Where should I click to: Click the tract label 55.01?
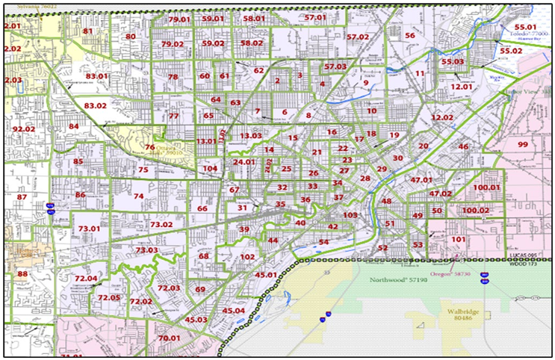point(526,27)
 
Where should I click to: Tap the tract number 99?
point(522,144)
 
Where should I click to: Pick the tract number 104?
point(210,169)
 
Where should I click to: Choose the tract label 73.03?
point(146,249)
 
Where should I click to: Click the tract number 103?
point(350,215)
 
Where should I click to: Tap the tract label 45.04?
point(232,311)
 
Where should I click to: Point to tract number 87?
point(22,197)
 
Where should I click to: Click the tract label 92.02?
point(24,129)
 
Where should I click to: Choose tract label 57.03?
point(335,67)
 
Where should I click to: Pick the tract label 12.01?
point(461,87)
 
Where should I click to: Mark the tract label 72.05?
point(110,297)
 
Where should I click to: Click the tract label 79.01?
point(180,19)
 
